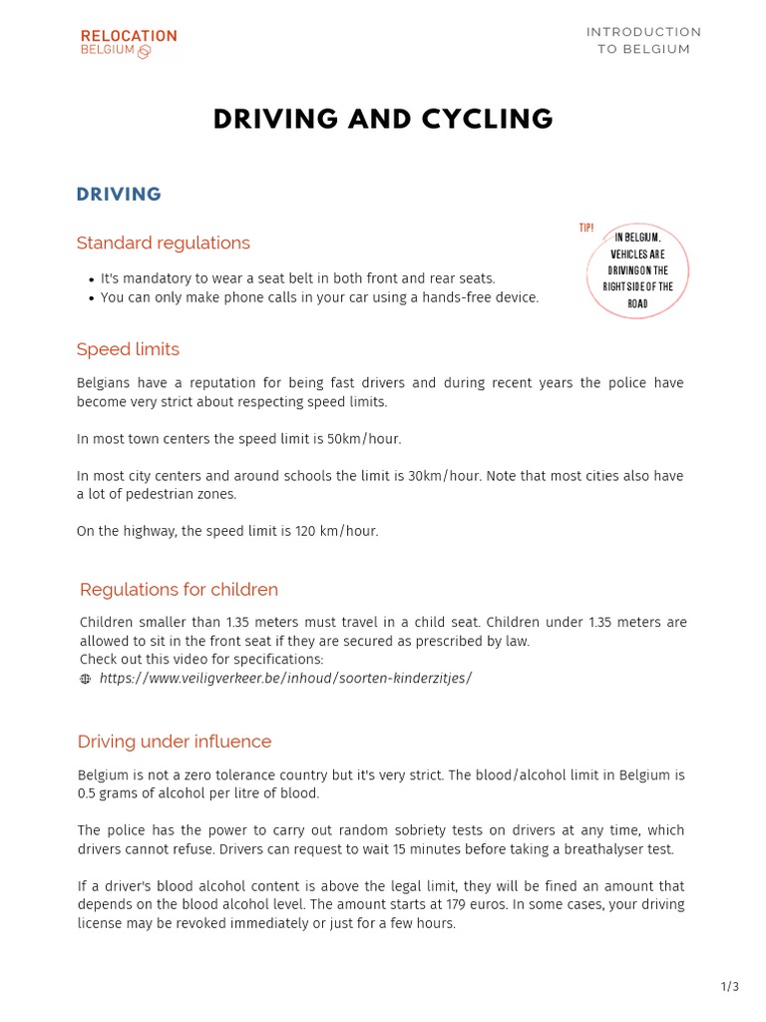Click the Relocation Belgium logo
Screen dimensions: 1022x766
(x=128, y=43)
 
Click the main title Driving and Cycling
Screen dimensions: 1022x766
(x=383, y=119)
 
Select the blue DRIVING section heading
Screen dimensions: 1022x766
(x=119, y=195)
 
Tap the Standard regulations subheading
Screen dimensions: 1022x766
(x=163, y=244)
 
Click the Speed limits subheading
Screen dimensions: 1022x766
(x=128, y=349)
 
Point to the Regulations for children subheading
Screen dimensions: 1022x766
(x=179, y=590)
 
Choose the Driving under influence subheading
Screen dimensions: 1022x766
(x=175, y=742)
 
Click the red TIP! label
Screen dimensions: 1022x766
(x=586, y=229)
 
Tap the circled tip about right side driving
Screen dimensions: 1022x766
(x=637, y=270)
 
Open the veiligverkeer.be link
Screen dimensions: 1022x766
(x=285, y=679)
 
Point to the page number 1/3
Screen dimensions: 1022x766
(x=729, y=987)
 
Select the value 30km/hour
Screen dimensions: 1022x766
(x=448, y=476)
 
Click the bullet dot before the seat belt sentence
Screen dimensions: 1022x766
(x=91, y=279)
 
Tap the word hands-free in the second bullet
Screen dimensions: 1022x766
(x=439, y=297)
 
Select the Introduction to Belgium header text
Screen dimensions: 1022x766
(x=643, y=41)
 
